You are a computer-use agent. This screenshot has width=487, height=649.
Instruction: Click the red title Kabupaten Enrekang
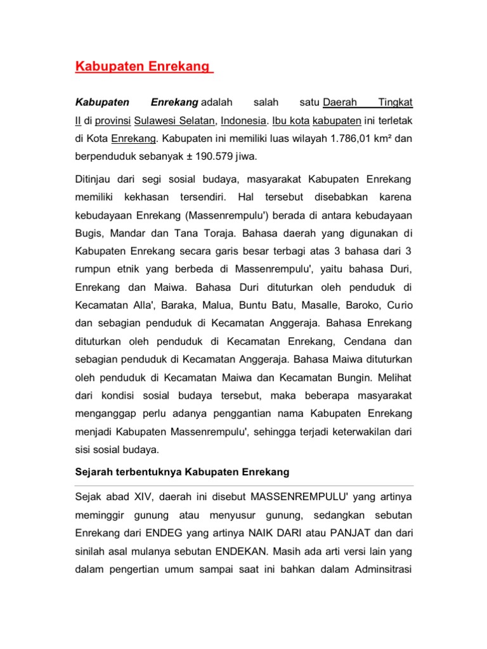(144, 67)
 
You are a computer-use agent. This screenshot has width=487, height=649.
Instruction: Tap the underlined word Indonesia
(245, 120)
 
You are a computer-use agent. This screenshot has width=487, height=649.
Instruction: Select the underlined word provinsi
(112, 120)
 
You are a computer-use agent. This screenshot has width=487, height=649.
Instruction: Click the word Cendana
(356, 342)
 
